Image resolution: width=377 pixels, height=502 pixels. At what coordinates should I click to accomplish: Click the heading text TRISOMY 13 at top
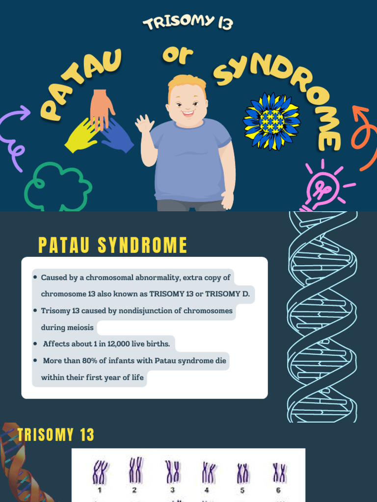[188, 22]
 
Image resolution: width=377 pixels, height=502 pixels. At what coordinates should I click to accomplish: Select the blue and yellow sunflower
[271, 121]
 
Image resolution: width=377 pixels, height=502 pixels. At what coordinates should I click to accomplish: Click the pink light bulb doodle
[322, 189]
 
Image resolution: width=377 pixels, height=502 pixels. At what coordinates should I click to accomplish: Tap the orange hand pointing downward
[102, 108]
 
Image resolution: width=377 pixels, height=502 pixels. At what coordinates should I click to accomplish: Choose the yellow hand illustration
[82, 135]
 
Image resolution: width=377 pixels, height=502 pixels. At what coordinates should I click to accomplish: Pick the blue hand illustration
[117, 136]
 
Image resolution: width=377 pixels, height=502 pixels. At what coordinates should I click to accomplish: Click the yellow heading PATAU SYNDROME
[112, 246]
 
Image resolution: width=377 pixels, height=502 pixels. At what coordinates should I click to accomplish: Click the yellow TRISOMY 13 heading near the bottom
[55, 435]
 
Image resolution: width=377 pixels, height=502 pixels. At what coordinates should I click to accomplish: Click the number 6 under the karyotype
[278, 490]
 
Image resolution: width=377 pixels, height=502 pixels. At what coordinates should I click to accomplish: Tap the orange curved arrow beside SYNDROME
[363, 137]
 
